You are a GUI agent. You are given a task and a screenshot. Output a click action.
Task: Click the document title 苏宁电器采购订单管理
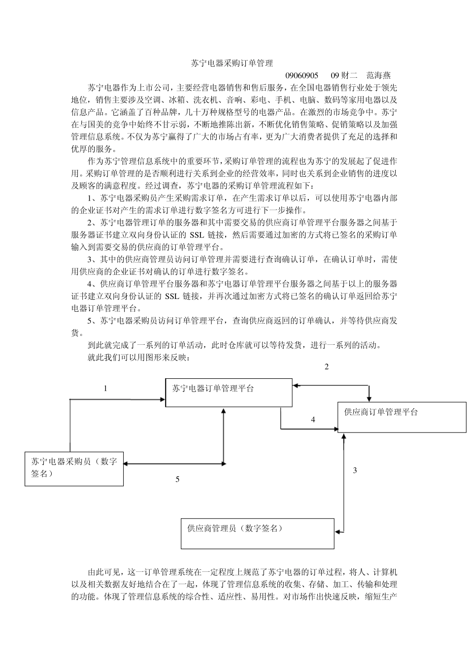tap(232, 63)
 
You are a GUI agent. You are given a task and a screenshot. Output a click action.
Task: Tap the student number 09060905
tap(302, 75)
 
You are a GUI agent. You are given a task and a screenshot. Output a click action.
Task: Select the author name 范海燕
tap(378, 75)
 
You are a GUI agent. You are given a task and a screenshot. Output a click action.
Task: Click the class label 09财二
tap(343, 75)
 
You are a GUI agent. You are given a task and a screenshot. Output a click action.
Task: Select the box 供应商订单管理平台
tap(401, 417)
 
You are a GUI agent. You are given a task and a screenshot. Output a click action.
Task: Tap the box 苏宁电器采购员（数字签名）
tap(74, 468)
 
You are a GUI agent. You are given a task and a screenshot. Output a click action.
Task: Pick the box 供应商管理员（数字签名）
tap(257, 533)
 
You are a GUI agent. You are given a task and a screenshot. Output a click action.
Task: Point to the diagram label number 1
tap(105, 389)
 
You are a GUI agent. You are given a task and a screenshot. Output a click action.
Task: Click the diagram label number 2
tap(326, 367)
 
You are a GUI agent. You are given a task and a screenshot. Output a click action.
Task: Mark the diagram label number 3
tap(355, 470)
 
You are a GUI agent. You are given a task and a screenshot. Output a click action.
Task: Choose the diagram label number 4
tap(313, 420)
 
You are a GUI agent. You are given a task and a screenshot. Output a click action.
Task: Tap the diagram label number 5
tap(177, 479)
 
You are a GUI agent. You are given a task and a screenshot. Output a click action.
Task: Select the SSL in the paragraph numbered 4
tap(172, 296)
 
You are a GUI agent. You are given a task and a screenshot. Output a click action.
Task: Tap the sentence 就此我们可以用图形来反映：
tap(138, 358)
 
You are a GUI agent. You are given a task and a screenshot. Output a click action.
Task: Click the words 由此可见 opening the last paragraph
tap(104, 572)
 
